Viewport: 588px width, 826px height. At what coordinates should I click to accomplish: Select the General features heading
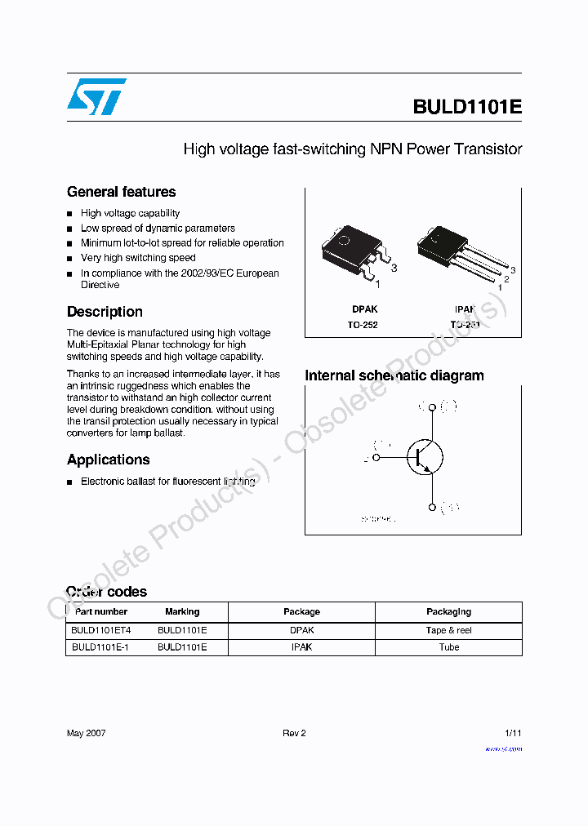point(121,193)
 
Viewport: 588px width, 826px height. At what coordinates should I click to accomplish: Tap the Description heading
point(105,312)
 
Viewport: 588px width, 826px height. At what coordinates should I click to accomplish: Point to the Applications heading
point(108,460)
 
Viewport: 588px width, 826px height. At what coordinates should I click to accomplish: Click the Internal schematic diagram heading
point(394,375)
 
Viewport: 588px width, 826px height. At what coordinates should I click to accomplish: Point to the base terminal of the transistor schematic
point(376,458)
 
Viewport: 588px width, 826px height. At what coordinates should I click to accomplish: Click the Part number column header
point(101,612)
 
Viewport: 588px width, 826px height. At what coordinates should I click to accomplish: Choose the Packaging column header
point(448,612)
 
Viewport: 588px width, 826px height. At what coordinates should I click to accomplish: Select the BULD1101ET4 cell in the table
point(100,630)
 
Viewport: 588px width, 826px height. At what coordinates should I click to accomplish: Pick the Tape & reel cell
point(448,630)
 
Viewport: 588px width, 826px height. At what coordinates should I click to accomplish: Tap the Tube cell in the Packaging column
point(448,647)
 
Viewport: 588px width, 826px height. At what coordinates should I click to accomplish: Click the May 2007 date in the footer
point(86,733)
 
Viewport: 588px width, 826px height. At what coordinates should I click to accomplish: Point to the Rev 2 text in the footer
point(294,733)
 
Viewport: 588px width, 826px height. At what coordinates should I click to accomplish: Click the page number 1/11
point(513,733)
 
